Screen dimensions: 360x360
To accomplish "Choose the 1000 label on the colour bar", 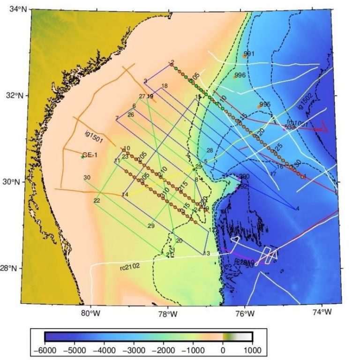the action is [x=252, y=350].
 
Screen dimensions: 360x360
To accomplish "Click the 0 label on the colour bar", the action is [x=223, y=350].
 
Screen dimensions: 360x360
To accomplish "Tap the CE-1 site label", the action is [x=90, y=155].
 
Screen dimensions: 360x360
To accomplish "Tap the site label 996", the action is [x=240, y=75].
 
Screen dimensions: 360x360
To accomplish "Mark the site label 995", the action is [x=265, y=104].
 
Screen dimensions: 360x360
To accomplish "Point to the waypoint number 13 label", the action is [x=206, y=254].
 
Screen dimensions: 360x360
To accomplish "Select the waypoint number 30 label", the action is [x=87, y=177].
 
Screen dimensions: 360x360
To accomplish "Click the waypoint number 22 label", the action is [x=97, y=201].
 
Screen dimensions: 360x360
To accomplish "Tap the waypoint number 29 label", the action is [x=151, y=226].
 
